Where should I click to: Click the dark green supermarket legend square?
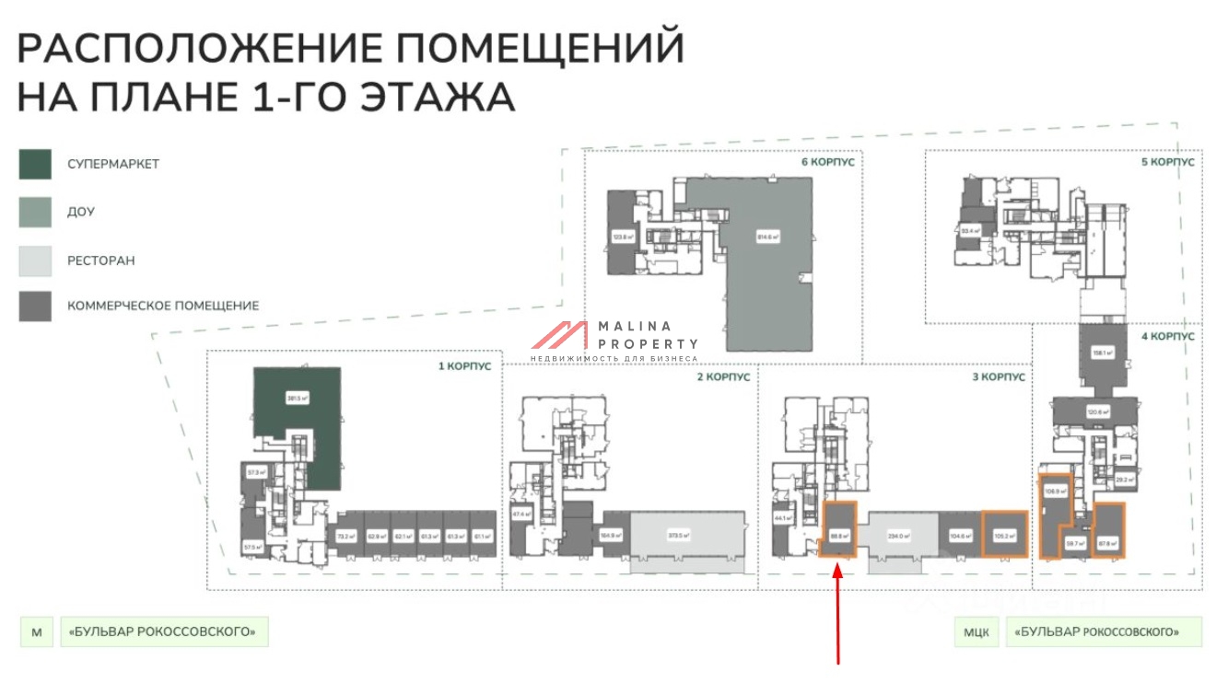[x=35, y=164]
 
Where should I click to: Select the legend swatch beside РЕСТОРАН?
[x=35, y=260]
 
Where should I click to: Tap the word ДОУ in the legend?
[x=81, y=213]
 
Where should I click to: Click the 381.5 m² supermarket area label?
[x=297, y=399]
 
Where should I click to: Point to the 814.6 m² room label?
[x=767, y=237]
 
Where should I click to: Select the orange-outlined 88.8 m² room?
[x=838, y=532]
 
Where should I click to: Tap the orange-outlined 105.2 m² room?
[x=1004, y=534]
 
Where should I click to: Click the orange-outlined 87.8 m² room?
[x=1108, y=532]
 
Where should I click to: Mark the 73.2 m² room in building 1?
[x=346, y=535]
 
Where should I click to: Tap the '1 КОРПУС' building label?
[x=464, y=366]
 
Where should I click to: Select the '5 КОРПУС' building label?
[x=1167, y=162]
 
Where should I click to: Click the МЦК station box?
[x=977, y=632]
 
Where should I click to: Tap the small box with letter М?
[x=37, y=632]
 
